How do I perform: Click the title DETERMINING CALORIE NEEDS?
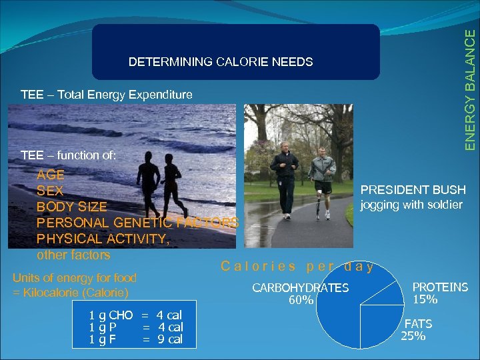point(220,62)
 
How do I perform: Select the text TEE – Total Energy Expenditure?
point(107,95)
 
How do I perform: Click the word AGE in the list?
point(51,175)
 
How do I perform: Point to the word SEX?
point(50,191)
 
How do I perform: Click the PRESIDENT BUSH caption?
point(413,191)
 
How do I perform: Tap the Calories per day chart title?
point(297,266)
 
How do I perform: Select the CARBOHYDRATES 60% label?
point(300,293)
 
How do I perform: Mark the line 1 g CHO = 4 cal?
point(135,315)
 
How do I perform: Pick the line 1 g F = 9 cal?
point(135,339)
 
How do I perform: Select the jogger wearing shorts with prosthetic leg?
point(323,175)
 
